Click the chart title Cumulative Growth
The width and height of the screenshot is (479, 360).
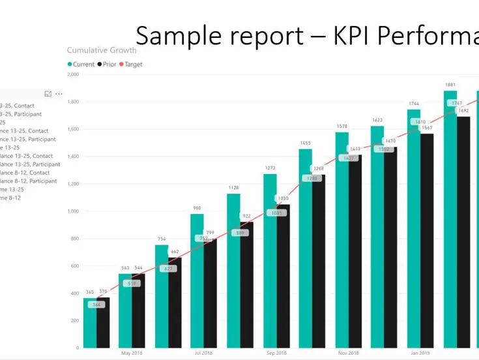pyautogui.click(x=102, y=50)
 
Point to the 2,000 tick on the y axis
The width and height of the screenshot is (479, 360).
pyautogui.click(x=73, y=74)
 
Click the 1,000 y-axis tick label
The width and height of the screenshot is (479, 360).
pyautogui.click(x=73, y=211)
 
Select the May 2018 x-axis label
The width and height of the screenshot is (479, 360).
pyautogui.click(x=132, y=353)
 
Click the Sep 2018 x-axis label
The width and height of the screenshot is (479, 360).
pyautogui.click(x=276, y=353)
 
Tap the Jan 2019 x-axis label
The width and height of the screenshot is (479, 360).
pyautogui.click(x=419, y=353)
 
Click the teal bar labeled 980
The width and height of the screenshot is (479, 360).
pyautogui.click(x=197, y=280)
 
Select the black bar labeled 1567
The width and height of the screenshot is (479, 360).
pyautogui.click(x=427, y=241)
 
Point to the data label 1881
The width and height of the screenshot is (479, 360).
pyautogui.click(x=450, y=85)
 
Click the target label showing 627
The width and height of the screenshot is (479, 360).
pyautogui.click(x=167, y=269)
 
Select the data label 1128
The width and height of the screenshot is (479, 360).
pyautogui.click(x=233, y=188)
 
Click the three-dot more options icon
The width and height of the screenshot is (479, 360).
pyautogui.click(x=59, y=95)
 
